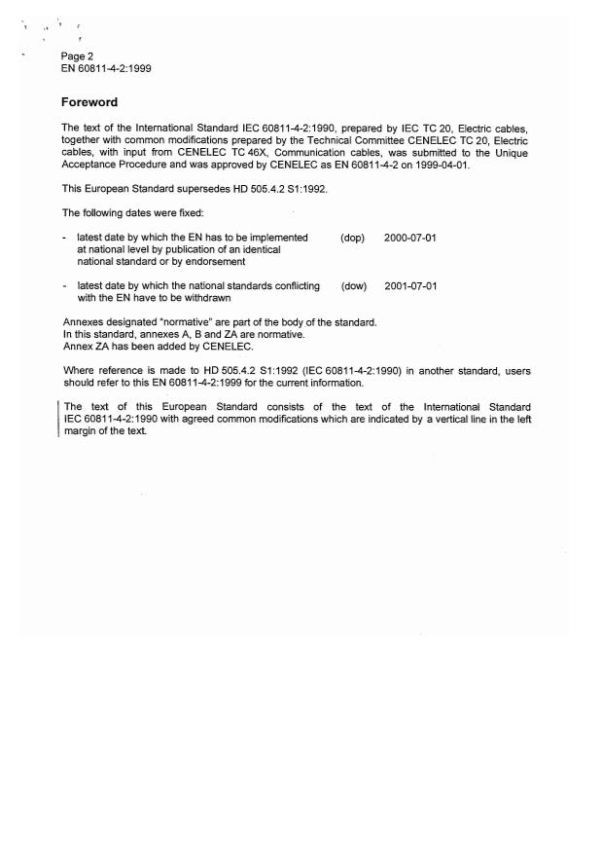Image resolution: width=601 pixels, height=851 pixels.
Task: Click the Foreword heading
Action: coord(89,102)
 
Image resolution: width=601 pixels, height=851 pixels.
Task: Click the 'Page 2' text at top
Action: coord(77,55)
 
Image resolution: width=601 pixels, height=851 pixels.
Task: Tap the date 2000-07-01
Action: coord(410,238)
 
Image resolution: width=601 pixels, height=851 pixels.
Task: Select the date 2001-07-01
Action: coord(410,286)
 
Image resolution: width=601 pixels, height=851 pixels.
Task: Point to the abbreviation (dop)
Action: coord(352,238)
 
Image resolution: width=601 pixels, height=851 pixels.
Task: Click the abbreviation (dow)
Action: coord(353,286)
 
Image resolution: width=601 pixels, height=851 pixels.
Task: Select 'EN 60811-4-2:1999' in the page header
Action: coord(106,68)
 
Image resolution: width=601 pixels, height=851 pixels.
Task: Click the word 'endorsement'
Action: coord(219,261)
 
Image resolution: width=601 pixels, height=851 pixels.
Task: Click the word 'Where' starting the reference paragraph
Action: coord(78,371)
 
